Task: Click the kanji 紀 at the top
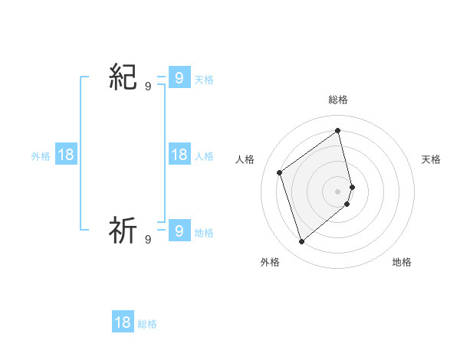click(x=123, y=78)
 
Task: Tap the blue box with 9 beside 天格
click(x=179, y=78)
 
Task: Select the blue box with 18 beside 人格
click(x=179, y=155)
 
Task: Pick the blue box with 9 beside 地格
click(x=179, y=230)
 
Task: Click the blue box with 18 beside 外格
click(x=66, y=155)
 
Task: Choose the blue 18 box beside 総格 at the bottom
click(x=123, y=322)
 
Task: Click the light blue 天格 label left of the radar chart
click(x=204, y=80)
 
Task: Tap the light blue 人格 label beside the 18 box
click(x=204, y=156)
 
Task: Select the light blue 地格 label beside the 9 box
click(x=204, y=233)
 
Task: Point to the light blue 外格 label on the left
click(x=41, y=156)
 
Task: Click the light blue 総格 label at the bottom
click(x=147, y=324)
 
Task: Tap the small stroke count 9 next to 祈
click(x=148, y=240)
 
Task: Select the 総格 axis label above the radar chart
click(x=338, y=100)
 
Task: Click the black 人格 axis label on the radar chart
click(x=245, y=159)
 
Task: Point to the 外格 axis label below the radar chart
click(x=270, y=262)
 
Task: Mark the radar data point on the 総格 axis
click(x=338, y=130)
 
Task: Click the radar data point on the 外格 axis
click(x=302, y=242)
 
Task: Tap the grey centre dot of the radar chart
click(x=338, y=191)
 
